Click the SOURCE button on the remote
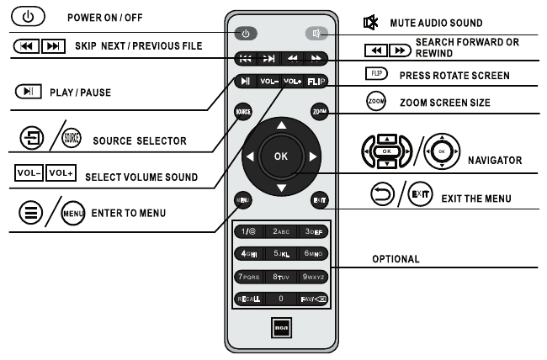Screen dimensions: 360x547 coord(242,112)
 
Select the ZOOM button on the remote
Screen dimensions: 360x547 coord(319,112)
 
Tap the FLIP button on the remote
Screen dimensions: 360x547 coord(316,82)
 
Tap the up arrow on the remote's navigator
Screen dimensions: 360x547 coord(281,125)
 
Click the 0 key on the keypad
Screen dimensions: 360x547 coord(281,298)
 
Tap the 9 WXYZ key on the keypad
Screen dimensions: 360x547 coord(316,276)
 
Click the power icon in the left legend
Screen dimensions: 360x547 coord(28,16)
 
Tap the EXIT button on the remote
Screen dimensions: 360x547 coord(319,199)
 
